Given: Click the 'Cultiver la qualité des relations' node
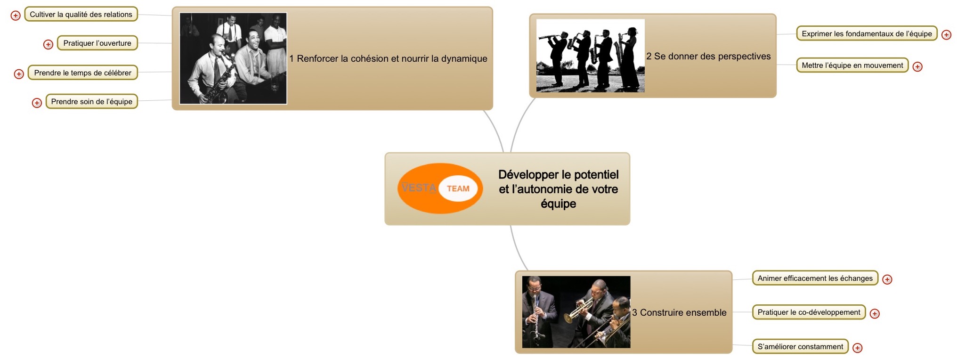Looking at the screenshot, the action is [x=81, y=14].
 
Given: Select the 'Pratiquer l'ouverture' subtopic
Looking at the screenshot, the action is [x=97, y=43].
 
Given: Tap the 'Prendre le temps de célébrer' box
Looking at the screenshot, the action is [x=83, y=73].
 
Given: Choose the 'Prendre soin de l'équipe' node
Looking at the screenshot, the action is [x=92, y=101].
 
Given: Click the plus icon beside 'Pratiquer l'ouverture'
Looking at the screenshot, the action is [x=48, y=44].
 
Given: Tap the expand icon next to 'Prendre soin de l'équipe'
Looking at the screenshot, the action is [x=37, y=103].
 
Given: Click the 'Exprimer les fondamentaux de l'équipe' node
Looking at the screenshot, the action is [x=867, y=33].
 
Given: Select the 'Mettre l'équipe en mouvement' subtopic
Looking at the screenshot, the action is [x=852, y=65].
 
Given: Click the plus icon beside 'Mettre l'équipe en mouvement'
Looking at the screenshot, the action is [x=917, y=66].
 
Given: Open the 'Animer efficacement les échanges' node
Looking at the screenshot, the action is [x=815, y=278].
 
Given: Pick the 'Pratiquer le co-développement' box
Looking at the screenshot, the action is [x=809, y=312].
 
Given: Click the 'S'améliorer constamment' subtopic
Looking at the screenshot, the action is [x=801, y=346].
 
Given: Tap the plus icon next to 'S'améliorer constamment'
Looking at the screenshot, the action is [x=858, y=348].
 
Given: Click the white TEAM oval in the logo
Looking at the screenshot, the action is [x=458, y=188].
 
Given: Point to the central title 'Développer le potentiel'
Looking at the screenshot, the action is [x=559, y=174].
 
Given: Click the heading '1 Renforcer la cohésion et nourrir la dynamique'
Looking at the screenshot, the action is [x=388, y=58].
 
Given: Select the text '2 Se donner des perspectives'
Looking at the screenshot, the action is [x=708, y=56].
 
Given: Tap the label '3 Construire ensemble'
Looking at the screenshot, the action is [x=679, y=312].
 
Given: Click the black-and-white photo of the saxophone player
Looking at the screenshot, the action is [x=233, y=58].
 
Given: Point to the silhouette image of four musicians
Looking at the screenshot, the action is [x=590, y=56].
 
